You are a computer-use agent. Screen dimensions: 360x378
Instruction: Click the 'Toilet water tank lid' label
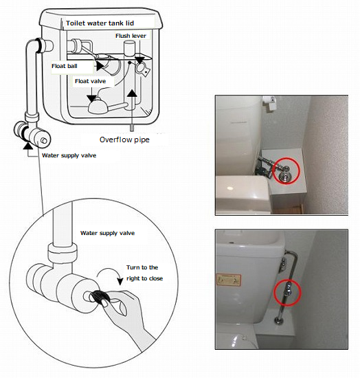(100, 23)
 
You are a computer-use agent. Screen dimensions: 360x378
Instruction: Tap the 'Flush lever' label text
(131, 36)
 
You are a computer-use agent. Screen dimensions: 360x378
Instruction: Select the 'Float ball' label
(65, 66)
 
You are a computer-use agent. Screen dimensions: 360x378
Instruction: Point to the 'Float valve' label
(90, 81)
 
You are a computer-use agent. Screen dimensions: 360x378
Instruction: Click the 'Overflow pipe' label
(124, 140)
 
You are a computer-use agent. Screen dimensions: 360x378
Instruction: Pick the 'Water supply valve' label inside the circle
(107, 233)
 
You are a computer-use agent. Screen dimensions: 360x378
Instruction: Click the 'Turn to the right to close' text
(144, 273)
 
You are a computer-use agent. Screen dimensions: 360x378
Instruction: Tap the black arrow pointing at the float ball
(100, 66)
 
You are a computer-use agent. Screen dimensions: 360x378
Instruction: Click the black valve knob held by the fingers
(99, 296)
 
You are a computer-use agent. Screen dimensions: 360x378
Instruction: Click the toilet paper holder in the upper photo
(269, 103)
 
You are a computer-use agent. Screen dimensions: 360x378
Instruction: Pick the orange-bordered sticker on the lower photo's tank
(228, 280)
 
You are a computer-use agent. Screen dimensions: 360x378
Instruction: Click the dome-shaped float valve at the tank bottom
(98, 106)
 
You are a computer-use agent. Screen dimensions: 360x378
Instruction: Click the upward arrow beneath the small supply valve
(28, 146)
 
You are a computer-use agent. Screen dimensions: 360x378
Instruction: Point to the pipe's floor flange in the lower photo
(279, 321)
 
